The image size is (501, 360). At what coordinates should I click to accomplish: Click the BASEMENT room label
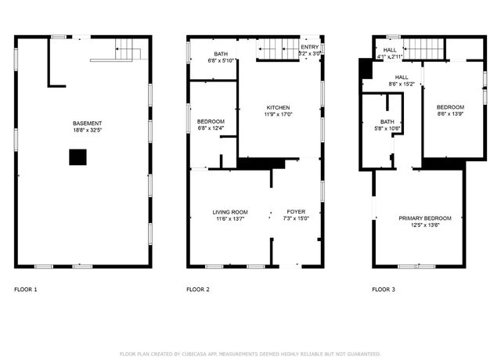(87, 124)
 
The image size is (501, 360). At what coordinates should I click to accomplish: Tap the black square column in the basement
(77, 158)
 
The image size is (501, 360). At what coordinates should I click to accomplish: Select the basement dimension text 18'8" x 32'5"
(87, 131)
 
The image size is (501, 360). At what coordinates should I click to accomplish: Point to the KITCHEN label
(278, 107)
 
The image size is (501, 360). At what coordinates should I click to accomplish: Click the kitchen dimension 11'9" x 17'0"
(278, 114)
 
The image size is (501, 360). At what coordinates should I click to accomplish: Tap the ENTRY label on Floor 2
(310, 47)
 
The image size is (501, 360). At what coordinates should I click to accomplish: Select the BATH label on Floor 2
(211, 53)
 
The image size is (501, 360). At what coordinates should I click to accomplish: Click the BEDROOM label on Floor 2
(211, 121)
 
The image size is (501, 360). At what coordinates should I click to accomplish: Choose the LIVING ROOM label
(230, 212)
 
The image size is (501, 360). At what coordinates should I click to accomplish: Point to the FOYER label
(296, 212)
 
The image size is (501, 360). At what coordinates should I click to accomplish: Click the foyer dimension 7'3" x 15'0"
(296, 219)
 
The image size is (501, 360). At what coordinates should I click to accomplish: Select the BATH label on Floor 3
(387, 121)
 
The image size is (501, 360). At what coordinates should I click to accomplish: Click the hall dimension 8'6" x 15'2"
(402, 84)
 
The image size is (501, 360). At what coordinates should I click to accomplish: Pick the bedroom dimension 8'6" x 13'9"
(450, 114)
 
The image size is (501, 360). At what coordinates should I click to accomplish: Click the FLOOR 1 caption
(25, 290)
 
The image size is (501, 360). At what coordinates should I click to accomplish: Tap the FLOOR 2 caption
(198, 290)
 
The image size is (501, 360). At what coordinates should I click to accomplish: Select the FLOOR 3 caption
(384, 290)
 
